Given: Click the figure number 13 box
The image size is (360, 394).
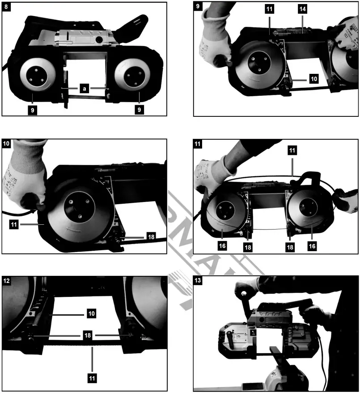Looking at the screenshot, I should (x=199, y=281).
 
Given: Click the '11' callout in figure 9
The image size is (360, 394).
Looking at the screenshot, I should (x=270, y=8).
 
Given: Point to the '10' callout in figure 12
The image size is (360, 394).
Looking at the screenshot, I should (x=92, y=314).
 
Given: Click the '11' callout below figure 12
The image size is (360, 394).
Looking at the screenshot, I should (x=92, y=378).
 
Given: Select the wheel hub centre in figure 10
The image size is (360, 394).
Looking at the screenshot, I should (x=73, y=206).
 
